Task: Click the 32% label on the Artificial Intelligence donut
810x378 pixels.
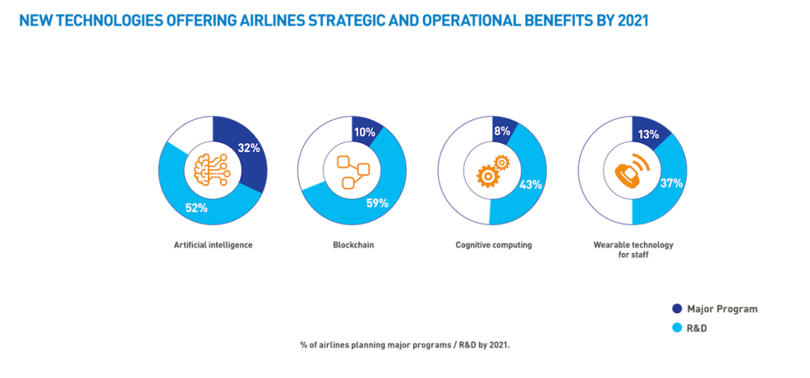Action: pyautogui.click(x=248, y=148)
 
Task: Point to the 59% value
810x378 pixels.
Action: pyautogui.click(x=377, y=202)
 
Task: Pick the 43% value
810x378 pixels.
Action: pyautogui.click(x=531, y=184)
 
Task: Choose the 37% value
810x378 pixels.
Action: pyautogui.click(x=672, y=183)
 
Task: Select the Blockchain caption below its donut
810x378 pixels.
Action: pyautogui.click(x=350, y=246)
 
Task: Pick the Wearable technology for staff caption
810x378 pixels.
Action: pyautogui.click(x=630, y=249)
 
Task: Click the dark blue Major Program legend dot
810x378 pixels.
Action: pyautogui.click(x=677, y=308)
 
